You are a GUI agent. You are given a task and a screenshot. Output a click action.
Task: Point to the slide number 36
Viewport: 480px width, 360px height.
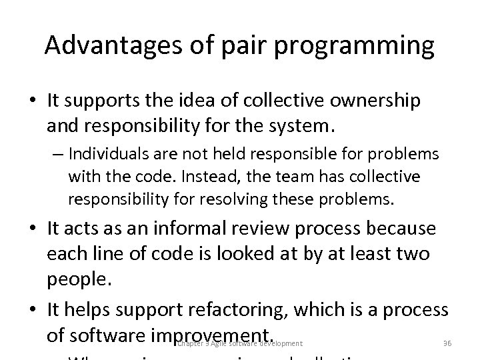tap(447, 343)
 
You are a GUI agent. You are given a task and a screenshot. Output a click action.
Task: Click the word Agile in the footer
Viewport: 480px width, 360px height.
tap(217, 343)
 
